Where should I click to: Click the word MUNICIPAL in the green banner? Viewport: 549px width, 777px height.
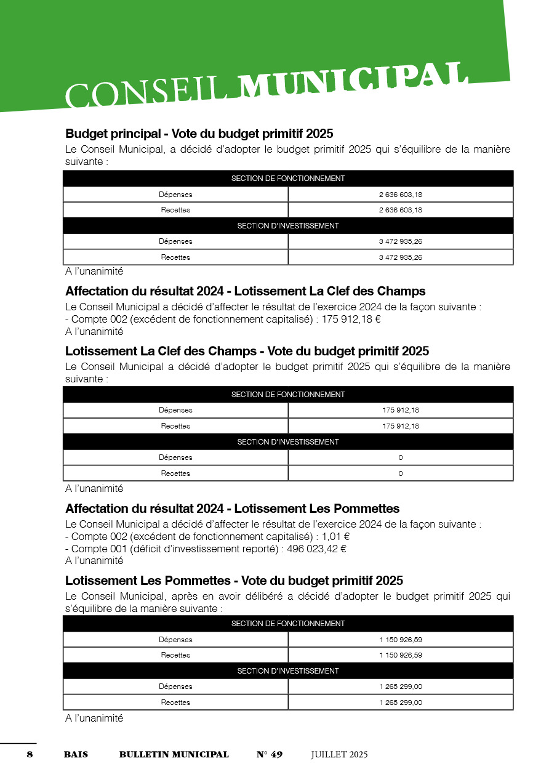353,82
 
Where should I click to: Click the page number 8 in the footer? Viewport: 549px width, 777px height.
30,754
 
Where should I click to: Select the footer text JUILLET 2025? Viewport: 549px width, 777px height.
339,754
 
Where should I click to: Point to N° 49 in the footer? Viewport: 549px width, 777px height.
270,754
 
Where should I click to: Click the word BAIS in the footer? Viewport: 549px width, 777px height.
76,754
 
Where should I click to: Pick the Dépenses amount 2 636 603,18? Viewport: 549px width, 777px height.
400,195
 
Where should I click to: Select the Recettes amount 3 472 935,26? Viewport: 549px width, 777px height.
400,257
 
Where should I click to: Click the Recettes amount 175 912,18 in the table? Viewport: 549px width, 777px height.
400,426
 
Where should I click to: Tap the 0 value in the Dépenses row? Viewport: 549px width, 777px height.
400,457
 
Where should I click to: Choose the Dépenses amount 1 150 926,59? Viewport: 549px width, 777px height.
400,640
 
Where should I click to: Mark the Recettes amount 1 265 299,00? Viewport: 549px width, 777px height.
400,703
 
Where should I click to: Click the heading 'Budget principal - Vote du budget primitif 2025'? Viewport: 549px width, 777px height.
199,134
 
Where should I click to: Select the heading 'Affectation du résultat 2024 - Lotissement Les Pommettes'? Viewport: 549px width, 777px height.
233,509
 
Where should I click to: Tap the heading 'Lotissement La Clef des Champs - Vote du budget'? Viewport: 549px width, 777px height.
247,351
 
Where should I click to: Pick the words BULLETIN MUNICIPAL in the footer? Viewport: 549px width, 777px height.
174,754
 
